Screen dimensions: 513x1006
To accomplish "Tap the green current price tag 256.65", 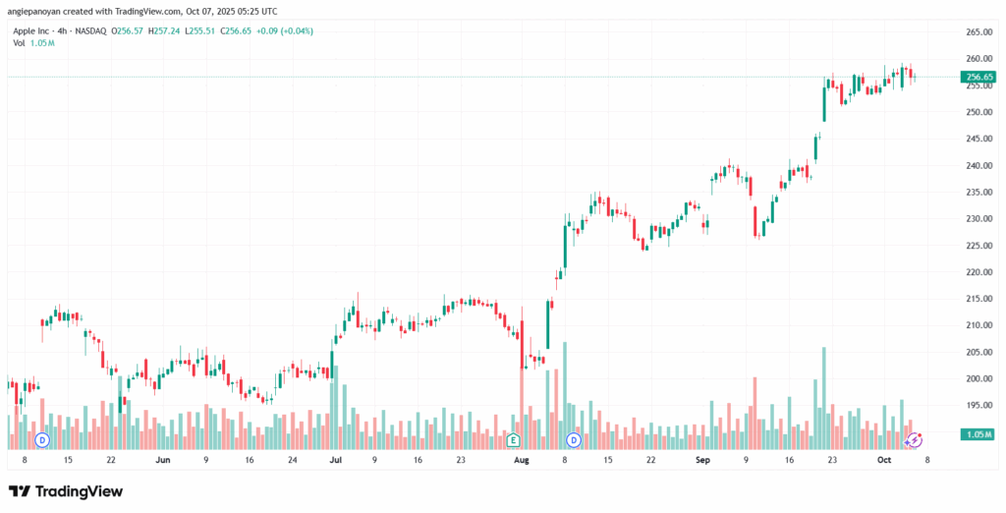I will click(x=979, y=77).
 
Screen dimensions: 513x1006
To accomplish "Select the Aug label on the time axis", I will click(x=522, y=459).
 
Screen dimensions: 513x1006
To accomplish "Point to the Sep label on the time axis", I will click(x=701, y=459).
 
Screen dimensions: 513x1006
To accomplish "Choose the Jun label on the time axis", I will click(x=162, y=459).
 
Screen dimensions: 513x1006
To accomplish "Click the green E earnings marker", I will click(x=512, y=438).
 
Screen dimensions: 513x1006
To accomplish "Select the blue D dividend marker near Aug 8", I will click(x=574, y=438).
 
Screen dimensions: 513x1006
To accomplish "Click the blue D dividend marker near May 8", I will click(x=42, y=438).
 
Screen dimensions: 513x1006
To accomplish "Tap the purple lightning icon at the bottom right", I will click(x=914, y=439).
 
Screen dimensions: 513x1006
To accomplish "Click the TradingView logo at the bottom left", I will click(x=66, y=490).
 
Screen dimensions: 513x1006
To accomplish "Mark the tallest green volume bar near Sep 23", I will click(x=823, y=393).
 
